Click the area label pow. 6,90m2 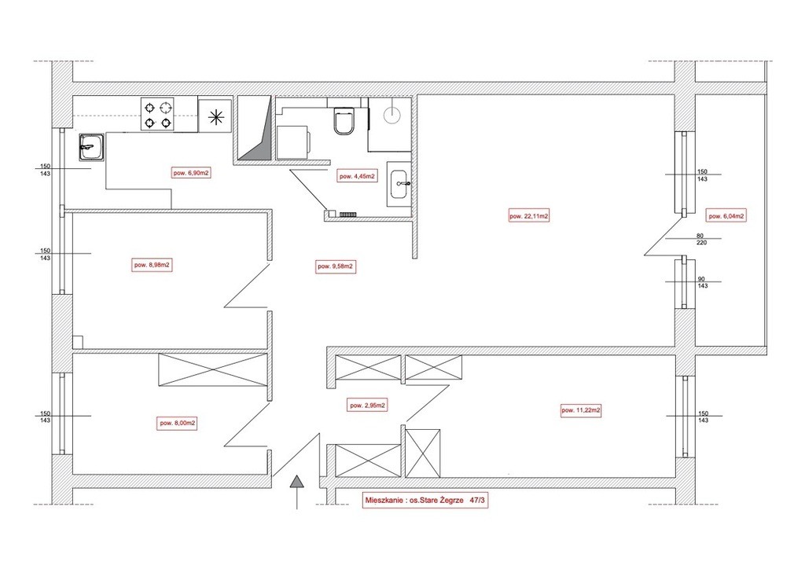(191, 173)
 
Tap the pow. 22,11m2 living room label (529, 216)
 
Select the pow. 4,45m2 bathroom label (357, 177)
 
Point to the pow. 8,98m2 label (152, 266)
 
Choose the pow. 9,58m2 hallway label (336, 266)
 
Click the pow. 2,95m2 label (368, 405)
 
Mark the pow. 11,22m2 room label (581, 410)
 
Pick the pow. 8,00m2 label (178, 424)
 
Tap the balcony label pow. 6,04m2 (726, 216)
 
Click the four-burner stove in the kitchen (157, 115)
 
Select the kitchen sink (92, 147)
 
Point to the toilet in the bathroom (344, 121)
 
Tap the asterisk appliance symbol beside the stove (217, 117)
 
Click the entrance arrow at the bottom (296, 492)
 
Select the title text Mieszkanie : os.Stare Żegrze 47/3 (425, 501)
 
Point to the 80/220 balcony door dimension (701, 239)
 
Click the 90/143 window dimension (702, 282)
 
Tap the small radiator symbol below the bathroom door (347, 214)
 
